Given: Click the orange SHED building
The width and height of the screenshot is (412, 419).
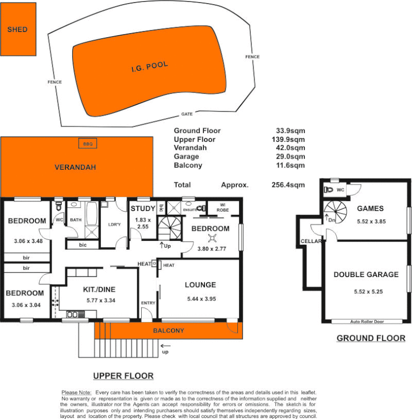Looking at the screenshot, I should point(18,30).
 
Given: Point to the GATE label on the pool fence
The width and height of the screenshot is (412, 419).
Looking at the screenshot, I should point(187,114).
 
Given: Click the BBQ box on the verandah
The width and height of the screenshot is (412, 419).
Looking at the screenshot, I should point(85,143).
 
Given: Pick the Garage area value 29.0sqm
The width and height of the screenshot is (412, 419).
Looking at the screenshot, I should point(290,157).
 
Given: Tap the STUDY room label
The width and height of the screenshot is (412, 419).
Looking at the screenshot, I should point(142,210).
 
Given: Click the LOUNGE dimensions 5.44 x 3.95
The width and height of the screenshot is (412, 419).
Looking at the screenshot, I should point(200,299).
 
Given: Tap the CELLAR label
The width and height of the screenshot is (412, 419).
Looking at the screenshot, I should point(310,241).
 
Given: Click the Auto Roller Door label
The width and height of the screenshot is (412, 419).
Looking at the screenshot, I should point(368,322).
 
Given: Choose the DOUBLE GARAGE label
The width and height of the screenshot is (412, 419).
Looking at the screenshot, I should point(365,274).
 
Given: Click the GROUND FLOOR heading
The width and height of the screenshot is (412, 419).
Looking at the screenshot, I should point(370,338).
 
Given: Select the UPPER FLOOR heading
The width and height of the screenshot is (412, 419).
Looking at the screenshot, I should point(123,376).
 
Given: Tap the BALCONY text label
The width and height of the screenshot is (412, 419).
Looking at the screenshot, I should point(168,330).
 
